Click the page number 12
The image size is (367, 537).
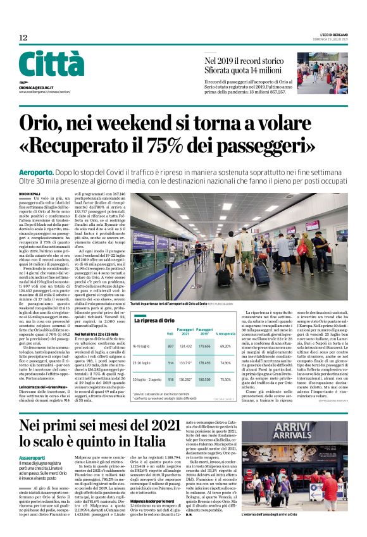23,39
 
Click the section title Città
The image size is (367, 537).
51,65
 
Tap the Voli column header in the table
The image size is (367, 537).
170,333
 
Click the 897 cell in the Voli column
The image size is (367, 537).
170,346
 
